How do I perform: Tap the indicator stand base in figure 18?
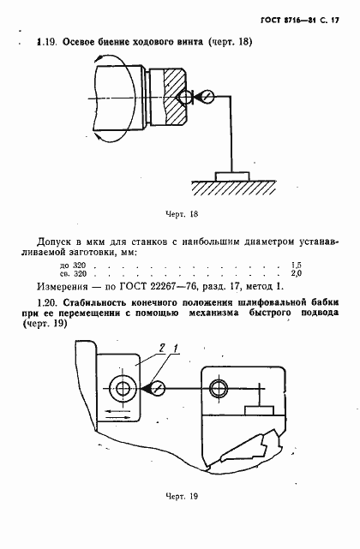[x=232, y=176]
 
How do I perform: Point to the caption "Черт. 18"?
[x=180, y=213]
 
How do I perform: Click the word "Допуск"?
[x=53, y=242]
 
